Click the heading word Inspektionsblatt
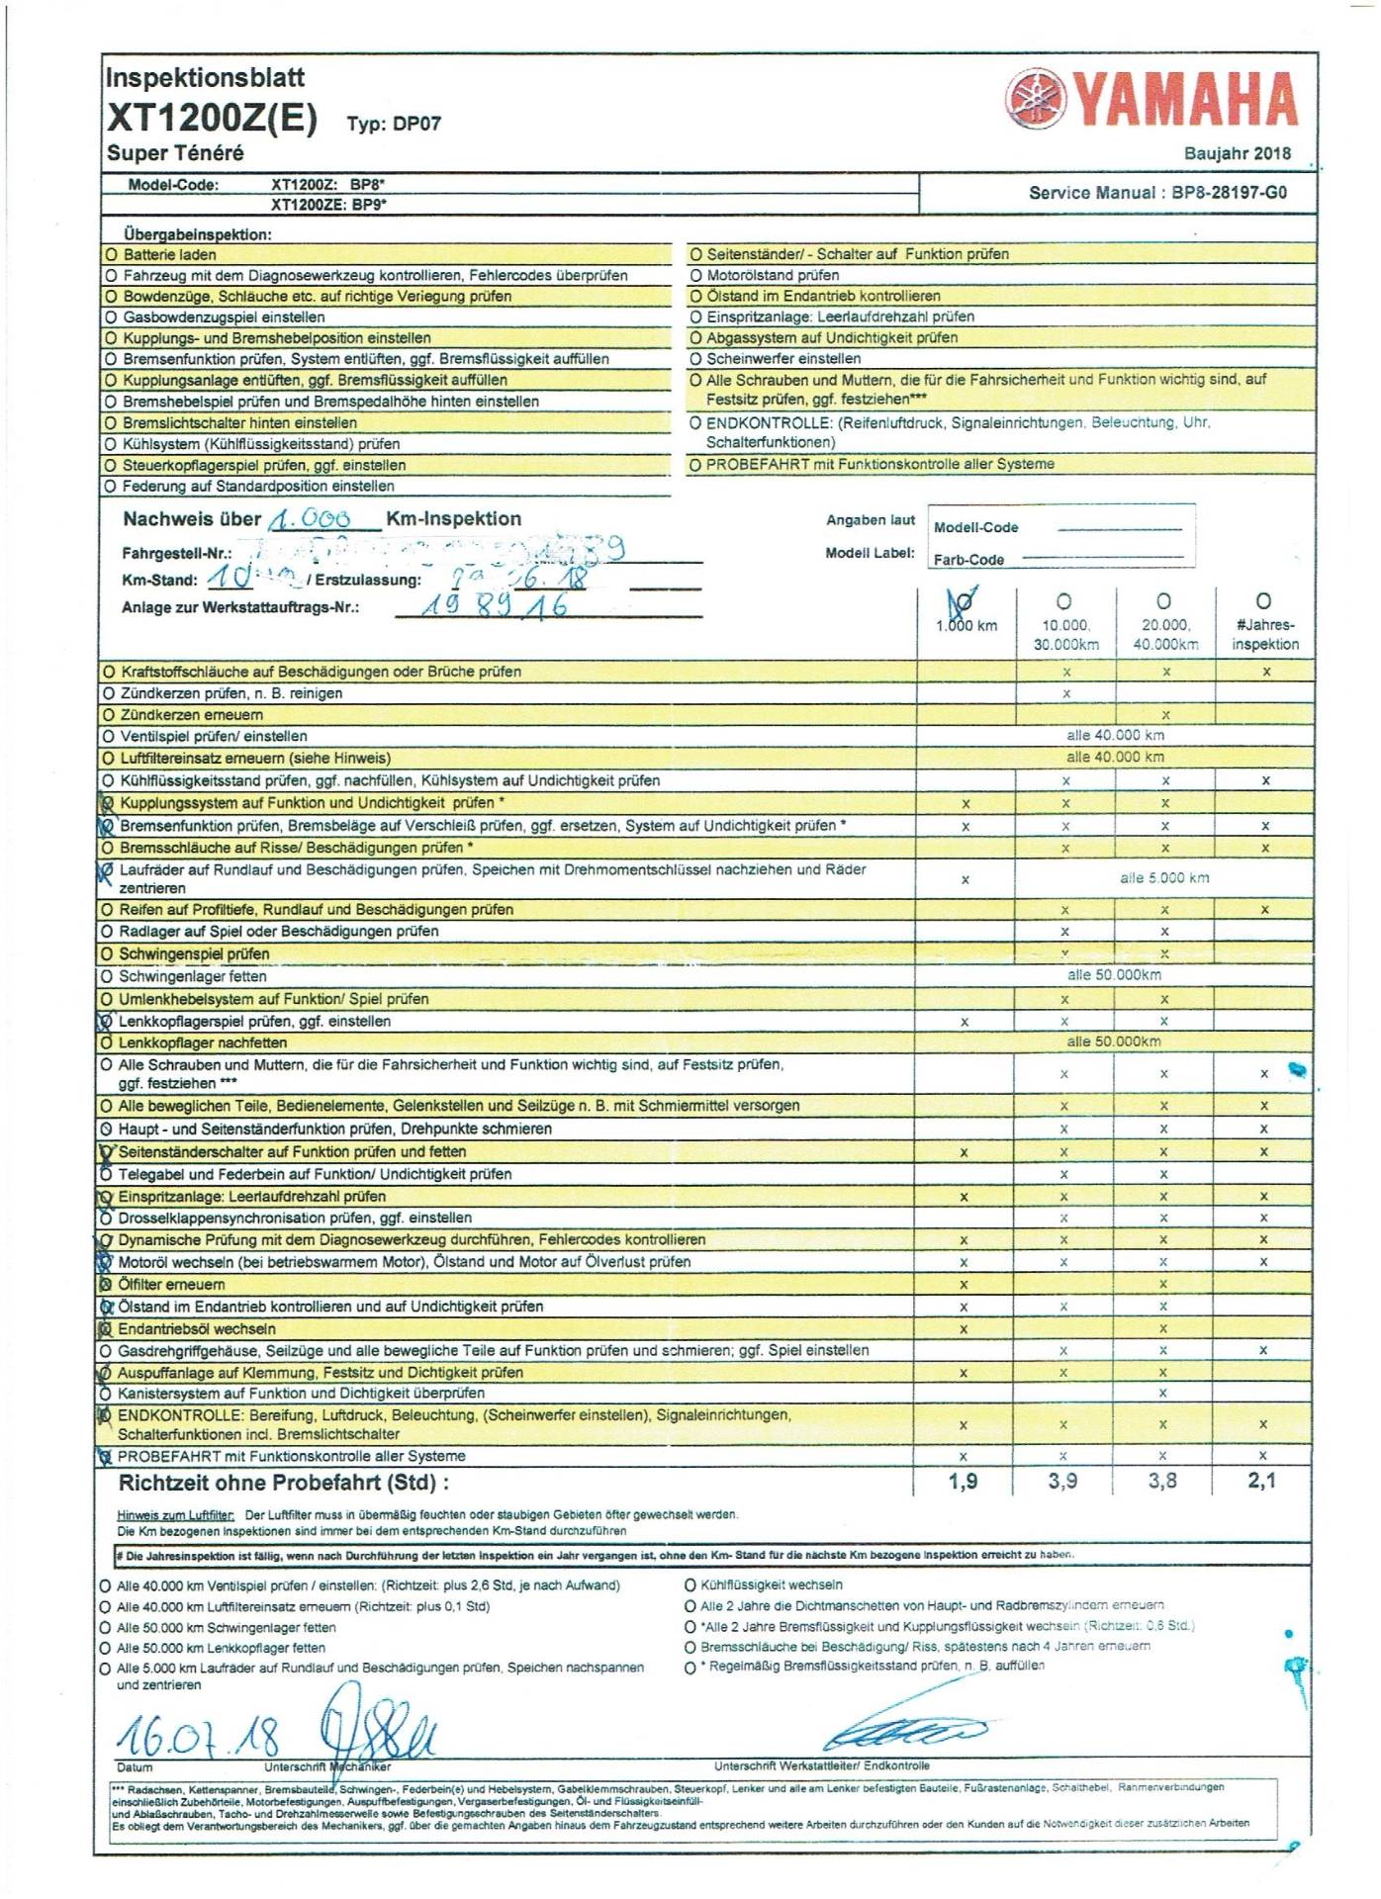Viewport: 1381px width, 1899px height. [x=205, y=78]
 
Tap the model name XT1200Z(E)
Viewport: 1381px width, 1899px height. [x=212, y=119]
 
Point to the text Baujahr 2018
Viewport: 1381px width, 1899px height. [x=1237, y=153]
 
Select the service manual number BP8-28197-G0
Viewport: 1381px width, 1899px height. [x=1229, y=193]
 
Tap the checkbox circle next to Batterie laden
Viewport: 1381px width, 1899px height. [x=111, y=255]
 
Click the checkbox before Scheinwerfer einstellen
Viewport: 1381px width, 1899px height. [x=695, y=359]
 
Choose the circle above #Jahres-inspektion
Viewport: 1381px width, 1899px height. [x=1263, y=600]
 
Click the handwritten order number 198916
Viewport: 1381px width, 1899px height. [x=495, y=606]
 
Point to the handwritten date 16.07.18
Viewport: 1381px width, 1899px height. [x=198, y=1736]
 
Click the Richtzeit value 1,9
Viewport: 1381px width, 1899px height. [x=963, y=1481]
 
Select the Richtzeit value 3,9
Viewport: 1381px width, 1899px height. [x=1063, y=1481]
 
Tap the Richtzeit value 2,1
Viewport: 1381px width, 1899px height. [x=1262, y=1481]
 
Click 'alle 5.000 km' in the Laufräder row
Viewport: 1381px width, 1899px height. [x=1163, y=878]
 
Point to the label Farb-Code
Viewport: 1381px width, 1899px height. [x=968, y=560]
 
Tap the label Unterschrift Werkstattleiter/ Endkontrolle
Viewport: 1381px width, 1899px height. [x=821, y=1765]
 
